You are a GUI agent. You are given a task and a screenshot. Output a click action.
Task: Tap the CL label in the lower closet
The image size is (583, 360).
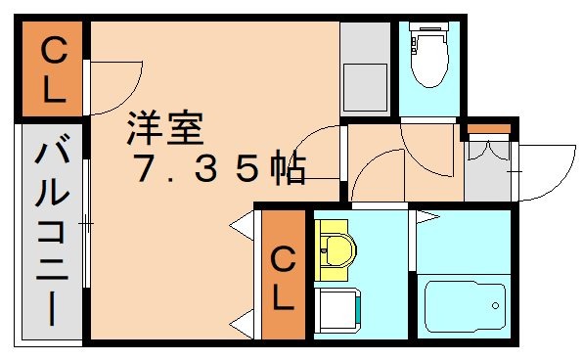click(282, 279)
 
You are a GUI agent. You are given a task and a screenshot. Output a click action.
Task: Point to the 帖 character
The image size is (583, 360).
click(288, 170)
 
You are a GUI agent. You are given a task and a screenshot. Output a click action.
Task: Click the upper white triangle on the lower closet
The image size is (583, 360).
click(240, 228)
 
